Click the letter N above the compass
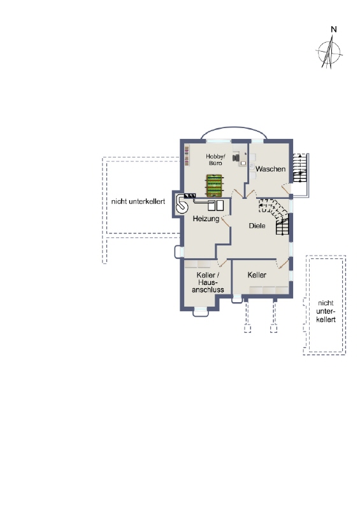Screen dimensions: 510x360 click(x=333, y=29)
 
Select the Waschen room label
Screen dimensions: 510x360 click(x=270, y=169)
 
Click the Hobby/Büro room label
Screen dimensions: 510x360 click(x=214, y=159)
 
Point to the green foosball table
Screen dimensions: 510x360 click(x=214, y=186)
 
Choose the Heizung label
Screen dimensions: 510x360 click(x=206, y=219)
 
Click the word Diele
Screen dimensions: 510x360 click(x=256, y=225)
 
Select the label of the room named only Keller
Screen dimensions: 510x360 click(x=257, y=275)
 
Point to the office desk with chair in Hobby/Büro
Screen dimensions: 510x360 click(x=240, y=157)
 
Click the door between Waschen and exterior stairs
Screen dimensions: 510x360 click(x=289, y=189)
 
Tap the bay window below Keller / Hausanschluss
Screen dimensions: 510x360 click(x=200, y=312)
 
